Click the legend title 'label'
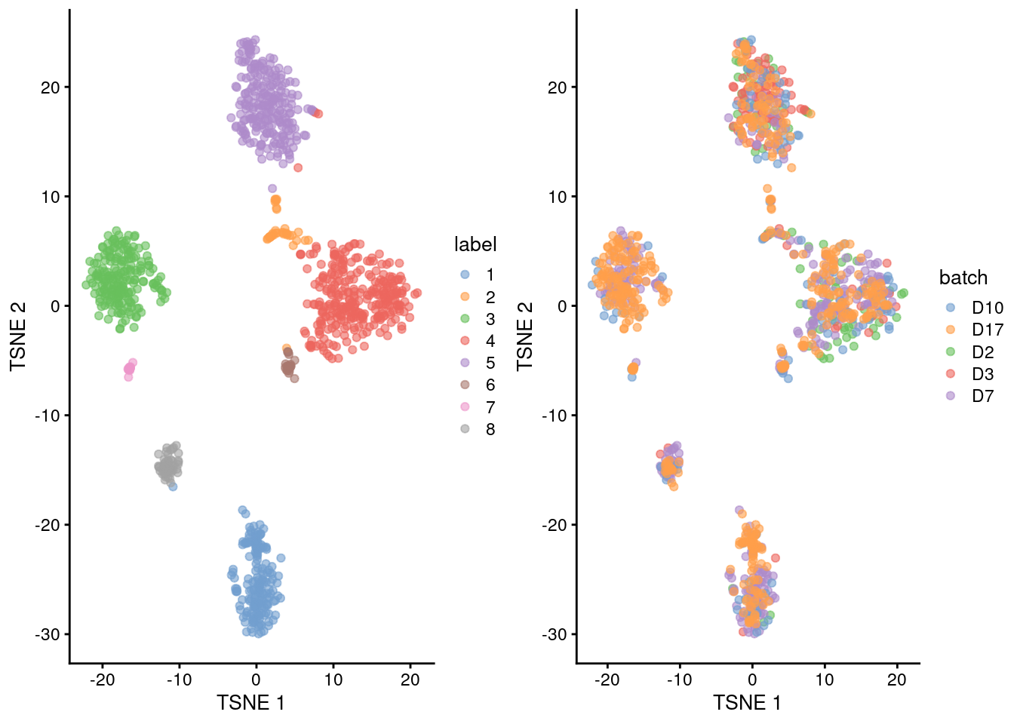[x=475, y=244]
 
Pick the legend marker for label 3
[x=465, y=319]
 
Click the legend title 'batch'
[x=963, y=278]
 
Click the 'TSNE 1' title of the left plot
[x=250, y=703]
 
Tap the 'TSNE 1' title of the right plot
[x=747, y=703]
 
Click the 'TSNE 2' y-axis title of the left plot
[x=18, y=336]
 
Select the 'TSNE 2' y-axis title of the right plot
[x=525, y=336]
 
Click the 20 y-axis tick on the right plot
[x=557, y=87]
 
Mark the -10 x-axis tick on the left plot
[x=179, y=680]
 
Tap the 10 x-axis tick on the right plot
[x=825, y=680]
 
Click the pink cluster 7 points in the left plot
[x=130, y=368]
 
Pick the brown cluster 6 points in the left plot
[x=288, y=367]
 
